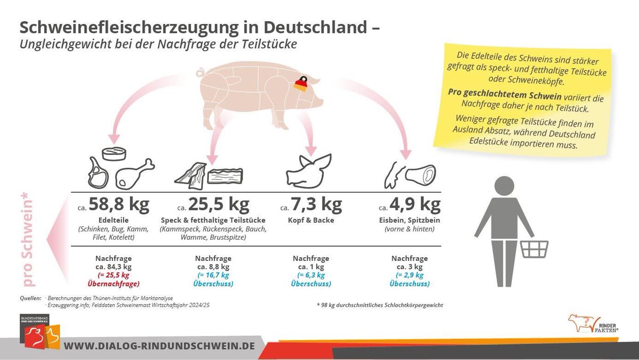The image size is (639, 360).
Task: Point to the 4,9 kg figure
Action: [x=415, y=204]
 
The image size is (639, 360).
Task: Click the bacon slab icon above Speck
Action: [x=225, y=176]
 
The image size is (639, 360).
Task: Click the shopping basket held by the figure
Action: [x=534, y=249]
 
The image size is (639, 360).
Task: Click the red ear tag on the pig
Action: [x=301, y=84]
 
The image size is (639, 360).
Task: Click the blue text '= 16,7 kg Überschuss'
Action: [x=213, y=279]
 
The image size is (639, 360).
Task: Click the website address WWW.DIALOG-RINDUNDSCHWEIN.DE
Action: [x=159, y=346]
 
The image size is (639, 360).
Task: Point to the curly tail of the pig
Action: [x=200, y=71]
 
